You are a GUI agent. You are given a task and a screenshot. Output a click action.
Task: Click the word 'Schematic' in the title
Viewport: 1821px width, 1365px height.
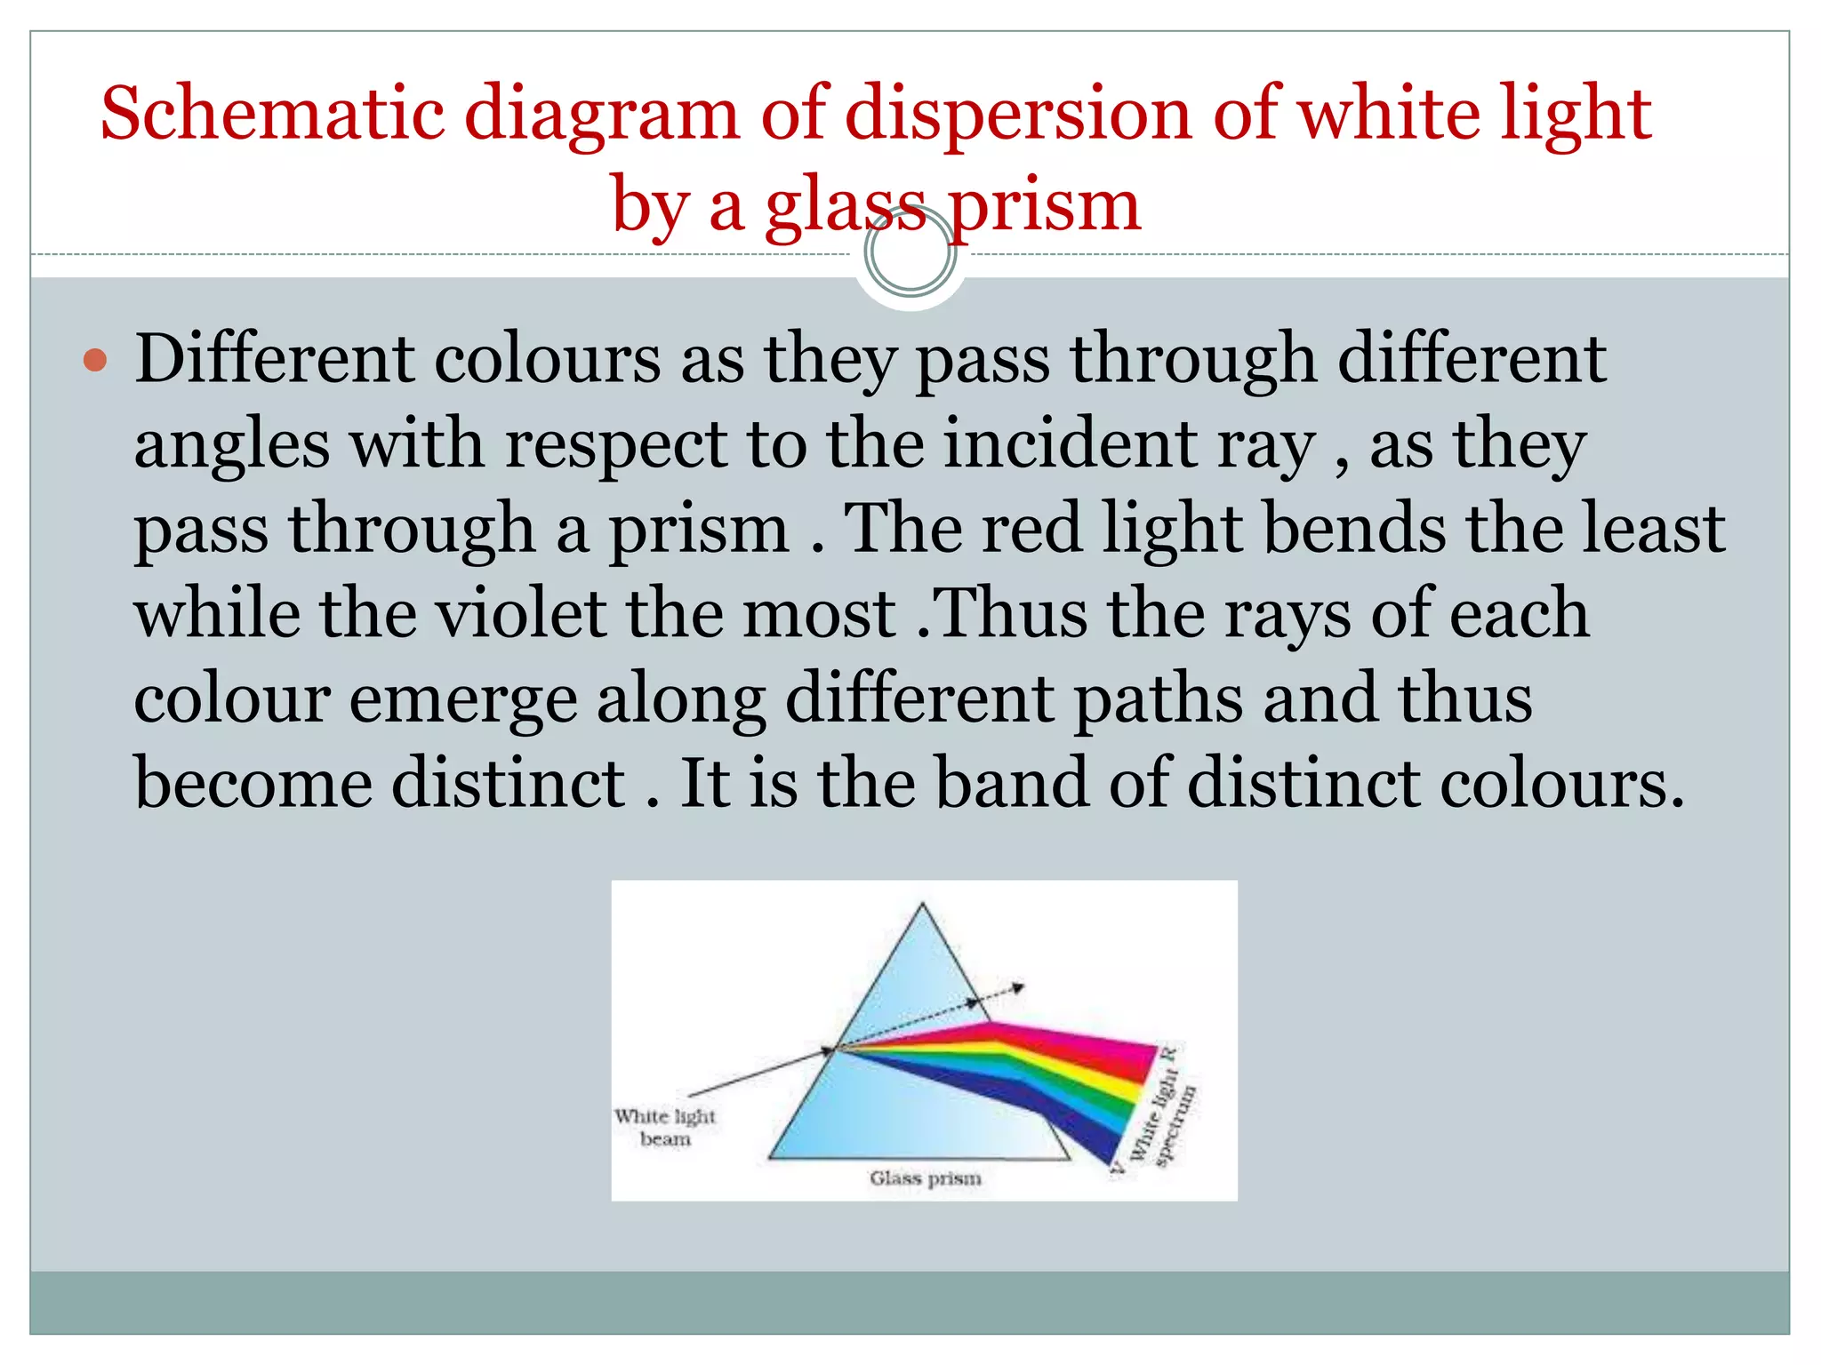272,114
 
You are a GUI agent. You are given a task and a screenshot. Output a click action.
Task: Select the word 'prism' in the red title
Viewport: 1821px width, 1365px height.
1044,206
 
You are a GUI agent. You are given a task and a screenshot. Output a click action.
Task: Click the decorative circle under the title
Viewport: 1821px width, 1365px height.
910,252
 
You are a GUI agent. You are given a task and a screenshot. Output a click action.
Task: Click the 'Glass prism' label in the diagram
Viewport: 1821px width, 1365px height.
925,1178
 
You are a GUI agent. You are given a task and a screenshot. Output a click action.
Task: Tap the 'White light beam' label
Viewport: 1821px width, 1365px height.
665,1127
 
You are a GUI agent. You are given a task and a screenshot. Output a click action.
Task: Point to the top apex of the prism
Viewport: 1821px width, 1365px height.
922,905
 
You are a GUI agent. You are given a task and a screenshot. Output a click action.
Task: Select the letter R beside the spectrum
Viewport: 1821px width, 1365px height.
1170,1054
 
